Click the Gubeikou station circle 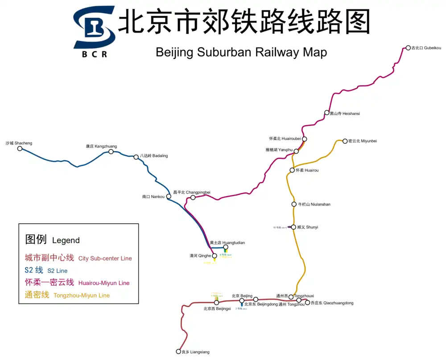(x=408, y=48)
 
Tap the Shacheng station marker (x=20, y=148)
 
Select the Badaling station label (x=154, y=156)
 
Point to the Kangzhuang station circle (x=111, y=151)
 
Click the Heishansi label (x=345, y=114)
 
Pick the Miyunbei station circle (x=345, y=141)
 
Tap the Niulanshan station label (x=314, y=205)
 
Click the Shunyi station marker (x=293, y=227)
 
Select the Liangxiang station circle (x=178, y=351)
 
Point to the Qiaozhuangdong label (x=332, y=303)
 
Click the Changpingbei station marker (x=193, y=197)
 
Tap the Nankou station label (x=153, y=196)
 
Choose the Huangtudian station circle (x=226, y=247)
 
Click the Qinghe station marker (x=214, y=256)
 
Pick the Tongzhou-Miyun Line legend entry (x=67, y=295)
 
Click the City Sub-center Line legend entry (x=78, y=258)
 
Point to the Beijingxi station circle (x=216, y=302)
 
